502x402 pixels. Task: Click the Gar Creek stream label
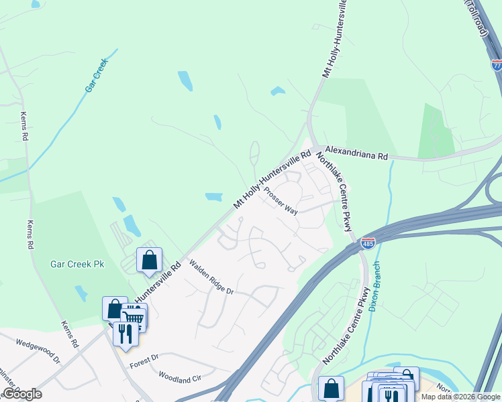97,79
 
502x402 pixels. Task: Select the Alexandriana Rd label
357,154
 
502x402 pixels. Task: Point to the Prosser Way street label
280,200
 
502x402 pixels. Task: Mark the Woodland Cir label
179,377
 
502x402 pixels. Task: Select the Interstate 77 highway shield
497,65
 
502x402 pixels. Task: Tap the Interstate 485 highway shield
368,243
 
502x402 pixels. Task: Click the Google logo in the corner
21,394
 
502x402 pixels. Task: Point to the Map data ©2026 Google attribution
460,397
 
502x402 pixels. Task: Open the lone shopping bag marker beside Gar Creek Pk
149,260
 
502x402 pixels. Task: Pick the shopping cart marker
134,318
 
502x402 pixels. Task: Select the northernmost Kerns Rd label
25,126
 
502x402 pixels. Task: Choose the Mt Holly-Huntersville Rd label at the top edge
335,39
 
